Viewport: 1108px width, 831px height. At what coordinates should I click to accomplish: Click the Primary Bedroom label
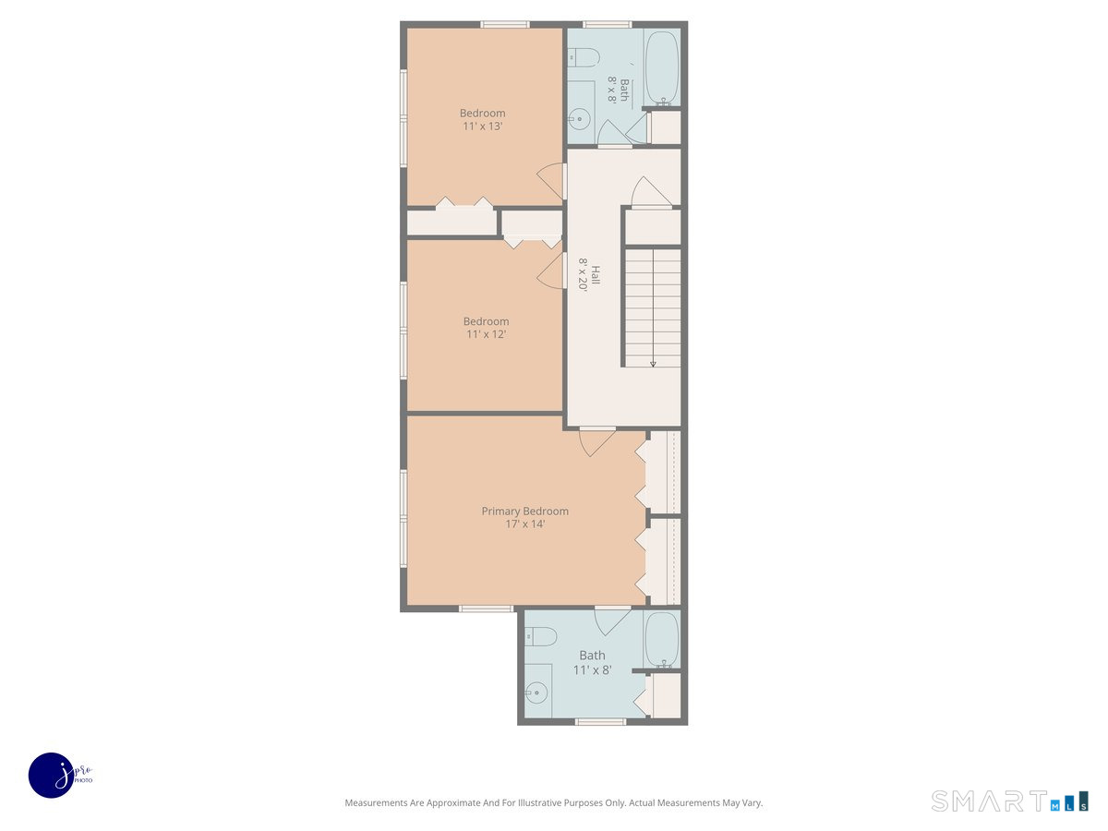524,511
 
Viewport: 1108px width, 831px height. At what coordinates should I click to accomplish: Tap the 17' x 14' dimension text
524,524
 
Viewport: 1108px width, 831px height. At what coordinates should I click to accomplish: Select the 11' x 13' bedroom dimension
482,126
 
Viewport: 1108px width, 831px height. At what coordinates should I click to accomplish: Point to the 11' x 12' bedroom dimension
486,334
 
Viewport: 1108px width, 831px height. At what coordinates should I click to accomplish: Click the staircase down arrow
653,362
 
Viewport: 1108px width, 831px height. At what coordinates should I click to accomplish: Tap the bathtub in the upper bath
661,66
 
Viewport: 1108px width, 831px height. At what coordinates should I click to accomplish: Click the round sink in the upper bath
579,118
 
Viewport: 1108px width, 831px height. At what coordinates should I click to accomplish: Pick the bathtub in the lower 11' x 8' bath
661,638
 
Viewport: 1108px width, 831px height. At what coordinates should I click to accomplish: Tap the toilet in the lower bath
541,636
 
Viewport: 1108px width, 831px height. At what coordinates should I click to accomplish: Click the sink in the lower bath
536,692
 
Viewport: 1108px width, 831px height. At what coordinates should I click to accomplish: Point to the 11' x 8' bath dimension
592,670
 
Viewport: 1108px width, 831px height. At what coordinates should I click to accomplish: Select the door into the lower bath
611,620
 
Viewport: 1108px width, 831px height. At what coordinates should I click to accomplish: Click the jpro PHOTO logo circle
51,775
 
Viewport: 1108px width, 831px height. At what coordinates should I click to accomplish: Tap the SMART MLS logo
1008,801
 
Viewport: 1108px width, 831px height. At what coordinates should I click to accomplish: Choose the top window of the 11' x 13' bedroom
504,25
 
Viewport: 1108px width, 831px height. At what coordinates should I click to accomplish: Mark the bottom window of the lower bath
600,721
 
